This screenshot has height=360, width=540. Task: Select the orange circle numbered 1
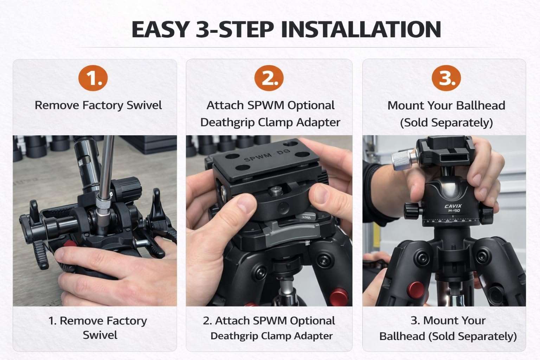[93, 78]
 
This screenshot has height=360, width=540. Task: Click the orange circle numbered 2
[269, 78]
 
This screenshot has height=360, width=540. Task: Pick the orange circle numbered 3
[446, 78]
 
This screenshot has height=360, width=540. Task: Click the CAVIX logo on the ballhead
[453, 206]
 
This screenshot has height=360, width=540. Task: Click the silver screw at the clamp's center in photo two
[274, 191]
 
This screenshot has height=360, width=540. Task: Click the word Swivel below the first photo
[100, 335]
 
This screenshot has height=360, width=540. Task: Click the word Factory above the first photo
[103, 105]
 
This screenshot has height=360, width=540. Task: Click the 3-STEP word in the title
[234, 30]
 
